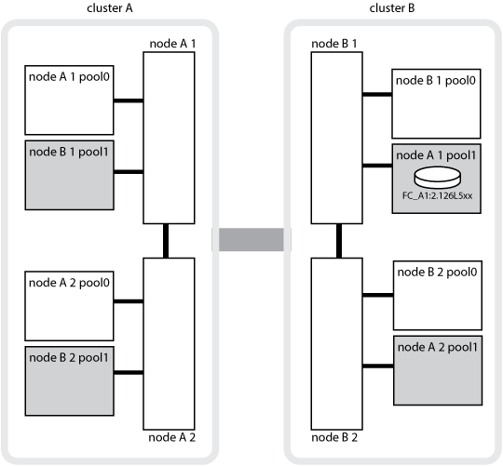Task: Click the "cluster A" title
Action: [x=110, y=8]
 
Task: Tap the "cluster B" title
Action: [x=392, y=8]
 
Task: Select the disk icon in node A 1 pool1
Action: [x=438, y=177]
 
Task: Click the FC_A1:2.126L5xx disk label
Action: [x=437, y=195]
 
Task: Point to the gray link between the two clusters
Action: [x=251, y=239]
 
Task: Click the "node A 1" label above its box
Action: [x=172, y=44]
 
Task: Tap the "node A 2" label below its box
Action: [x=172, y=437]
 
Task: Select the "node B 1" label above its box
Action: [x=334, y=44]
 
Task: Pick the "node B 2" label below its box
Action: [x=334, y=437]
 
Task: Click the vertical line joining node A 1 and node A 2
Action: [x=166, y=241]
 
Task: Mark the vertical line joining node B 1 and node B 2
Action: [x=339, y=241]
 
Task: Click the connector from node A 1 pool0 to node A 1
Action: [x=129, y=100]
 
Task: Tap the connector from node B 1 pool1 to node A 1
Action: [x=129, y=172]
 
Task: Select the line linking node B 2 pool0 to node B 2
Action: [x=378, y=295]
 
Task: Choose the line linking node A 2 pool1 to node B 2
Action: [x=378, y=366]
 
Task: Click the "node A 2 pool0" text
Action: [x=69, y=283]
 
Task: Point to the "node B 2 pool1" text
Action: [x=69, y=358]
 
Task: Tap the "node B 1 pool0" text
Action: [x=436, y=80]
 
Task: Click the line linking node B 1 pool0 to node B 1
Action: [x=377, y=94]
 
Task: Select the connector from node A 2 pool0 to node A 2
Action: [x=129, y=301]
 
